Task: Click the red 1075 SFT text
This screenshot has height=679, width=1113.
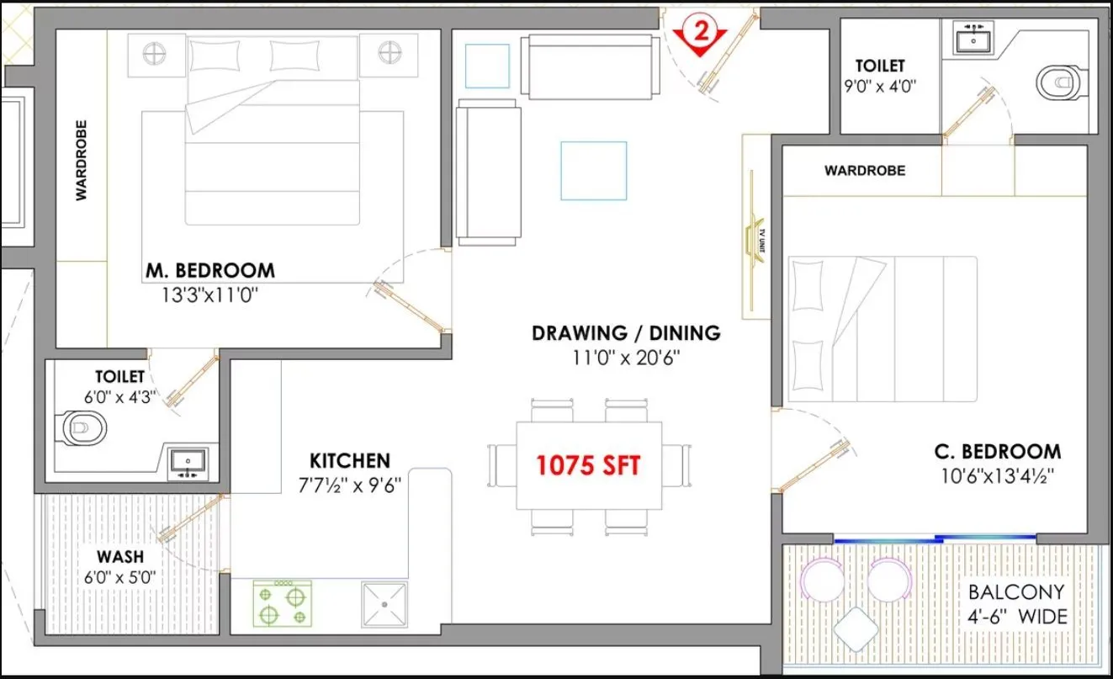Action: [x=588, y=465]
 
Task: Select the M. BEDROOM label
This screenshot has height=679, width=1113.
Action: [x=209, y=271]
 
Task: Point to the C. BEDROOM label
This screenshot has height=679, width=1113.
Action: [x=997, y=452]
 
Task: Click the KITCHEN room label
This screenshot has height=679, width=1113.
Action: [x=350, y=461]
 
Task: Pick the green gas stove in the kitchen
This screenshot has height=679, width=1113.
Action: [x=283, y=604]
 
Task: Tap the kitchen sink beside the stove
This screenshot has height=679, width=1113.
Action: [x=384, y=604]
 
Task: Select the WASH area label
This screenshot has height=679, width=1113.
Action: [x=119, y=557]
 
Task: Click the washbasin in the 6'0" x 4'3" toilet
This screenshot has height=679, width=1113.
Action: [x=188, y=462]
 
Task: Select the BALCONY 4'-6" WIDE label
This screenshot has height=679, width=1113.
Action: [x=1015, y=604]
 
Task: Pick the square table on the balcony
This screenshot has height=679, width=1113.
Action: [x=857, y=626]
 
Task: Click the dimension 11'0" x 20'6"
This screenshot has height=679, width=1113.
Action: [x=625, y=358]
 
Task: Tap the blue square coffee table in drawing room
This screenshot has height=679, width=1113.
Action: [x=594, y=171]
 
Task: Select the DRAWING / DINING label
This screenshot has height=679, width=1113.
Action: [x=626, y=332]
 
